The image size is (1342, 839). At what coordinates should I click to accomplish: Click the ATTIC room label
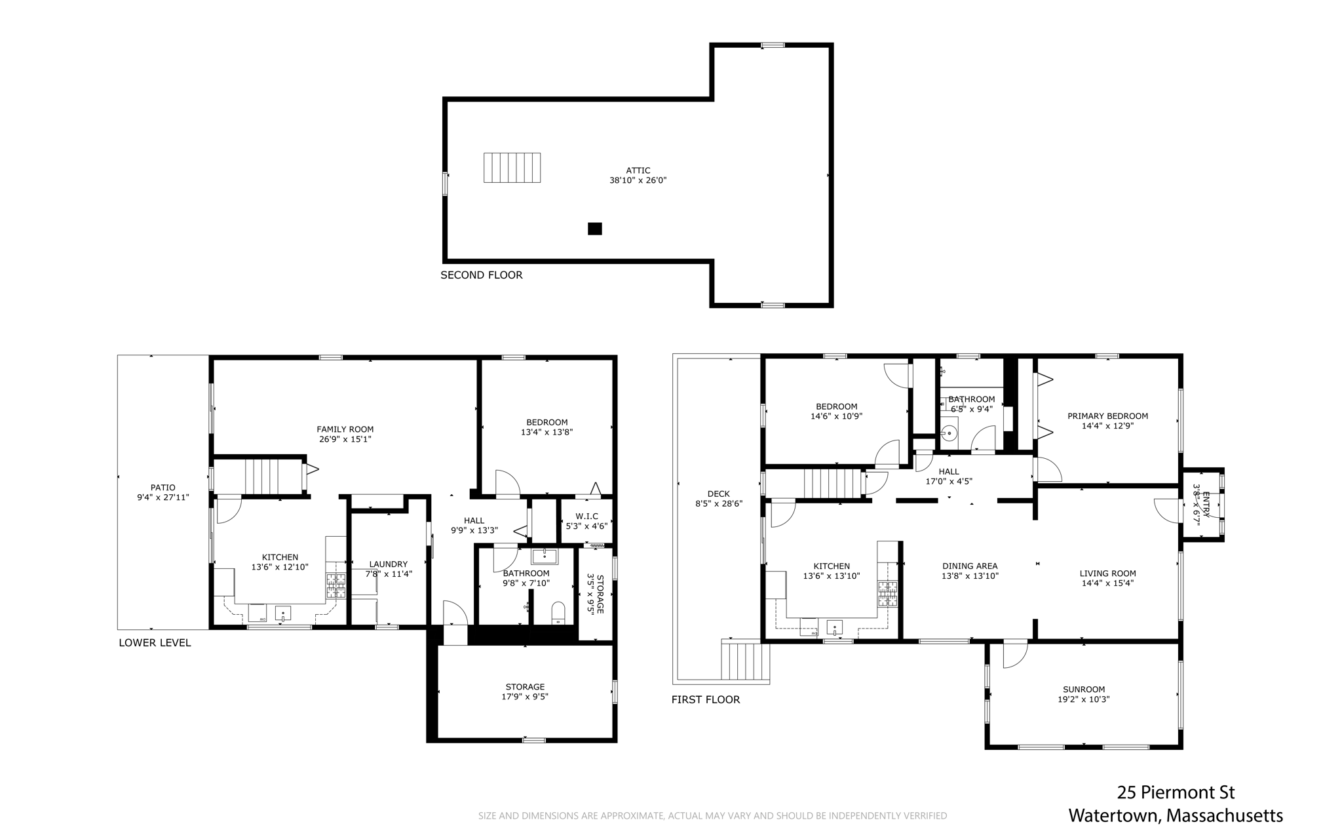638,170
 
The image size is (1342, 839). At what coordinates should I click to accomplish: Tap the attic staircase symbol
512,168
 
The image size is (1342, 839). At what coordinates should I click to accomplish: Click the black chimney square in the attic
594,229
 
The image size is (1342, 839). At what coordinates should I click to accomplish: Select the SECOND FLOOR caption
482,275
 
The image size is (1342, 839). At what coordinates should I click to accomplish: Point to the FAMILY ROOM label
345,429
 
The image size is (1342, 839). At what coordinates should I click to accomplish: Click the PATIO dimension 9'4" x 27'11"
163,498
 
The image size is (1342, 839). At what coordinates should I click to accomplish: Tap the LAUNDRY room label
389,564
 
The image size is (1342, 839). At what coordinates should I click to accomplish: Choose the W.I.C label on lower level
586,517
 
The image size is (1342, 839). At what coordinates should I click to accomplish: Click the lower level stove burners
336,586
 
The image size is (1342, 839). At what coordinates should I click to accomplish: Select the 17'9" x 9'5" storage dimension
525,697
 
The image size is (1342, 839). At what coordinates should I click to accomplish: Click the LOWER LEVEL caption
155,643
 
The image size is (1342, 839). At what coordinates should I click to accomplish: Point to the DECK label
718,494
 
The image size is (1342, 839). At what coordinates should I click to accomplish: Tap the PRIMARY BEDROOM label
1107,416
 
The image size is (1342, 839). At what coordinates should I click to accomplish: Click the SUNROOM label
1084,690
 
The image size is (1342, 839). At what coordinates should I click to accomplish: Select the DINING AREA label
970,566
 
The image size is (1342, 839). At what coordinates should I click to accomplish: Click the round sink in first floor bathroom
949,433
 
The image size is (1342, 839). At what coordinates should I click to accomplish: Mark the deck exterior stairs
745,661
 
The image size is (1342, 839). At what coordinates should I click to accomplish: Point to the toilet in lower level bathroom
558,614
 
